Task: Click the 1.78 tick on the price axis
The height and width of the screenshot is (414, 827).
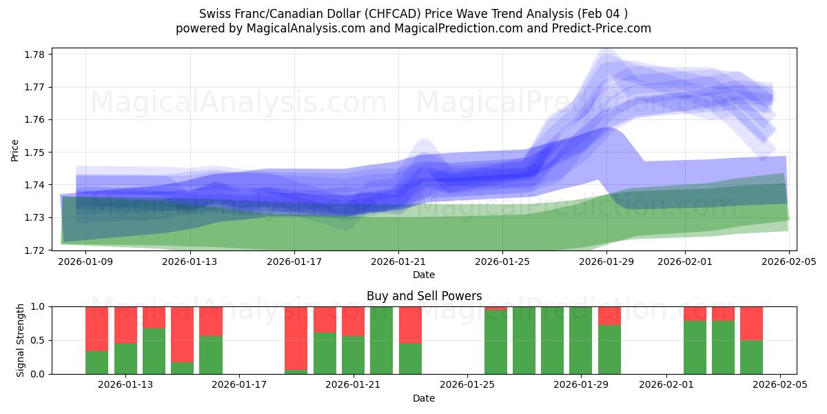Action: (x=35, y=55)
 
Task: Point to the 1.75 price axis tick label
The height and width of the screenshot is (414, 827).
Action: (x=35, y=152)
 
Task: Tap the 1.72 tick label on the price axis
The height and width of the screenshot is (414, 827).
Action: (x=35, y=250)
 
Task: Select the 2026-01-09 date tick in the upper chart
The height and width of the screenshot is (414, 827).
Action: (x=85, y=262)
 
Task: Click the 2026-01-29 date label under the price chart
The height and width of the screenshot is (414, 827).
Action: (x=606, y=262)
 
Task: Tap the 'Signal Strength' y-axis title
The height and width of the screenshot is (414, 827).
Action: (x=21, y=340)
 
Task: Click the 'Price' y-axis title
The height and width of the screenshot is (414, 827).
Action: (x=15, y=149)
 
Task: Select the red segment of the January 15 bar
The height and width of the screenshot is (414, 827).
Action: (x=182, y=334)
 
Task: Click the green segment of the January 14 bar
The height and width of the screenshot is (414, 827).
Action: (x=154, y=351)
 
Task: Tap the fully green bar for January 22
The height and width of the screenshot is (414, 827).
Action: (x=381, y=340)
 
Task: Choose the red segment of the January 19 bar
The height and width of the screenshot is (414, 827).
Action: (x=296, y=337)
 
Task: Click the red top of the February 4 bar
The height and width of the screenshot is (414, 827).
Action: (x=751, y=323)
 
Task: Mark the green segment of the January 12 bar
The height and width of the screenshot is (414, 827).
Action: (x=96, y=362)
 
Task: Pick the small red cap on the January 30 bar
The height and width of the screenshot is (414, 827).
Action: (x=609, y=315)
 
